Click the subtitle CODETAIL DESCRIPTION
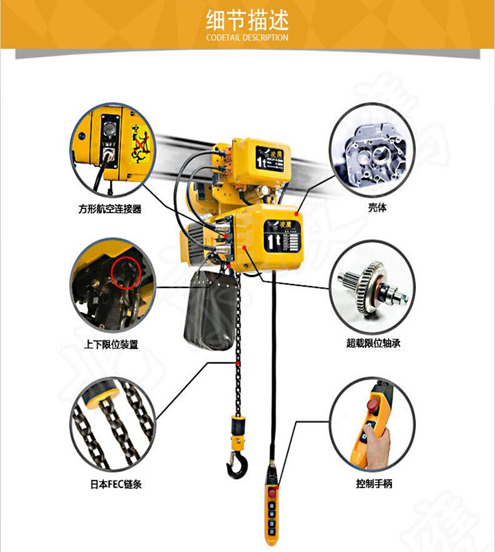(x=247, y=38)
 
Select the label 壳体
(x=376, y=207)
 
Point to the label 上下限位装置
(x=111, y=344)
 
